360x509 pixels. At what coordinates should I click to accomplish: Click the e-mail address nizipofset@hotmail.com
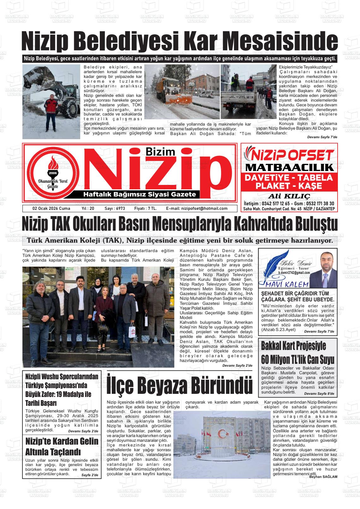197,209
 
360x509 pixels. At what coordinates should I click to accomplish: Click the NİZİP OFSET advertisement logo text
289,155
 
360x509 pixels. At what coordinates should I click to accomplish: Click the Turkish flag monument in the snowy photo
223,437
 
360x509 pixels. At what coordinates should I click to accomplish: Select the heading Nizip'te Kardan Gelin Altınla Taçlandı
62,446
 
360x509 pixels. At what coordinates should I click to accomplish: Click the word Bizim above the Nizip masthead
160,152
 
